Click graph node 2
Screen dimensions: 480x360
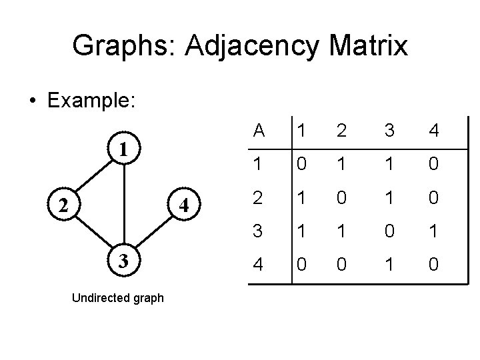point(61,205)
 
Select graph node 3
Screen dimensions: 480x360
point(123,259)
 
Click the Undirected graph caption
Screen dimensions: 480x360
point(117,298)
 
